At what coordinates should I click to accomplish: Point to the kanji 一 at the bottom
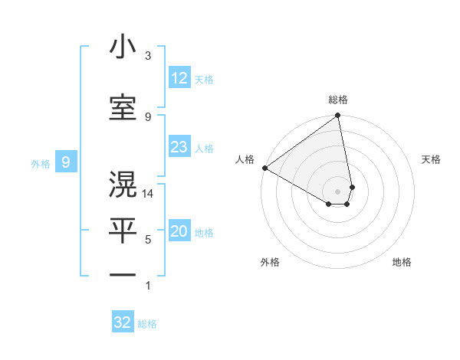[123, 273]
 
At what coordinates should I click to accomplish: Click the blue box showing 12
[179, 78]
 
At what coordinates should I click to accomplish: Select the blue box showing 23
[179, 147]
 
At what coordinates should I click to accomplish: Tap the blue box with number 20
[179, 231]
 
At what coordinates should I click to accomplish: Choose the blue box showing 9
[67, 162]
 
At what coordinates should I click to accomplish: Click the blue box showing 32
[123, 322]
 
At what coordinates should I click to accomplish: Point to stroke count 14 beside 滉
[149, 194]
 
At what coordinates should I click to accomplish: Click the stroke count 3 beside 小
[148, 56]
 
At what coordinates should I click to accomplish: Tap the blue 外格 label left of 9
[40, 163]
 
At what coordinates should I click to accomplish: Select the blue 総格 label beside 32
[147, 324]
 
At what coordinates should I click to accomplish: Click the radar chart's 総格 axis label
[338, 100]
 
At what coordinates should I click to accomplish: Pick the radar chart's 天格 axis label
[432, 159]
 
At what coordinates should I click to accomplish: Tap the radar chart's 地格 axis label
[402, 262]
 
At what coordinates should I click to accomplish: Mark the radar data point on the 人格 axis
[264, 168]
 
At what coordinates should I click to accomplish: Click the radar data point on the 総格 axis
[337, 116]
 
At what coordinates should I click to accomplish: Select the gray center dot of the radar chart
[337, 191]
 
